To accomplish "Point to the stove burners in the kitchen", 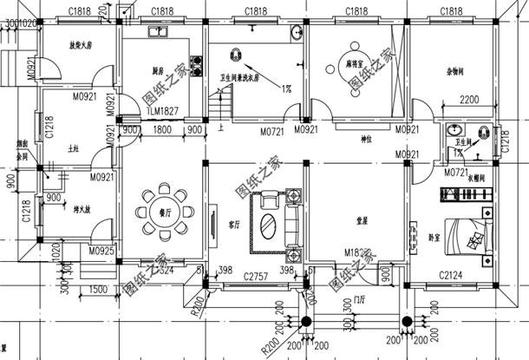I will coord(196,65).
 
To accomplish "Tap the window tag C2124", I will coord(451,275).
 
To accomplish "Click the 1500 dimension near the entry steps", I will coord(97,289).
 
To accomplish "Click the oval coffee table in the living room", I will coord(269,229).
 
